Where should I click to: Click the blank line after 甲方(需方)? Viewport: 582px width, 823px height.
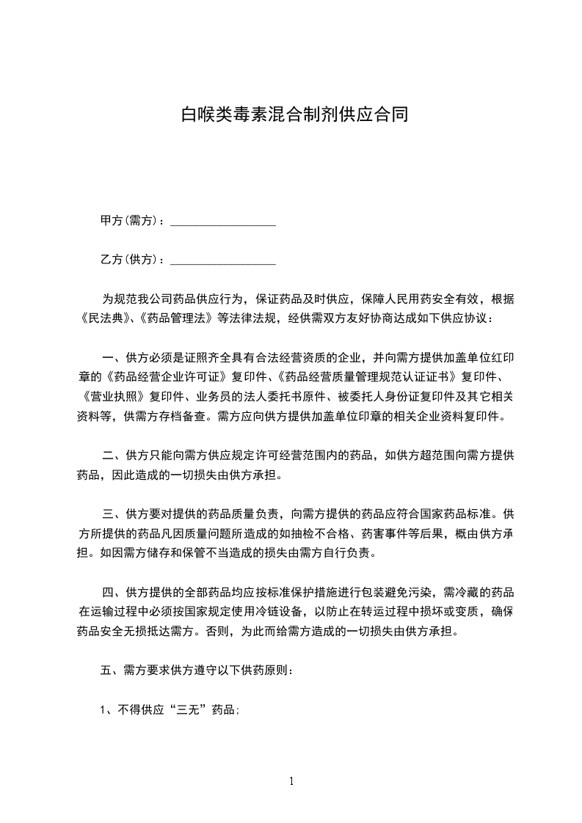pos(223,222)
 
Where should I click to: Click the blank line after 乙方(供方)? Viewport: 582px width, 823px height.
pos(223,260)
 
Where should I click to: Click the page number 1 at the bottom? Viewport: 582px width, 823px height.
pos(291,781)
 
